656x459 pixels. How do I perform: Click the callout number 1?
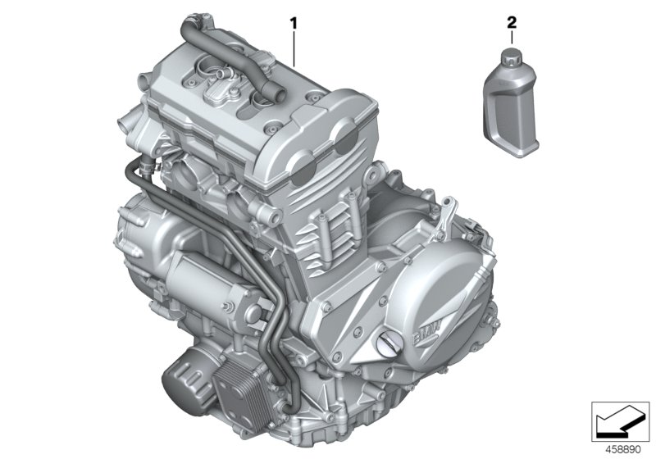tap(293, 21)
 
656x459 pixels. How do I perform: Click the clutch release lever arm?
tap(443, 221)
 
